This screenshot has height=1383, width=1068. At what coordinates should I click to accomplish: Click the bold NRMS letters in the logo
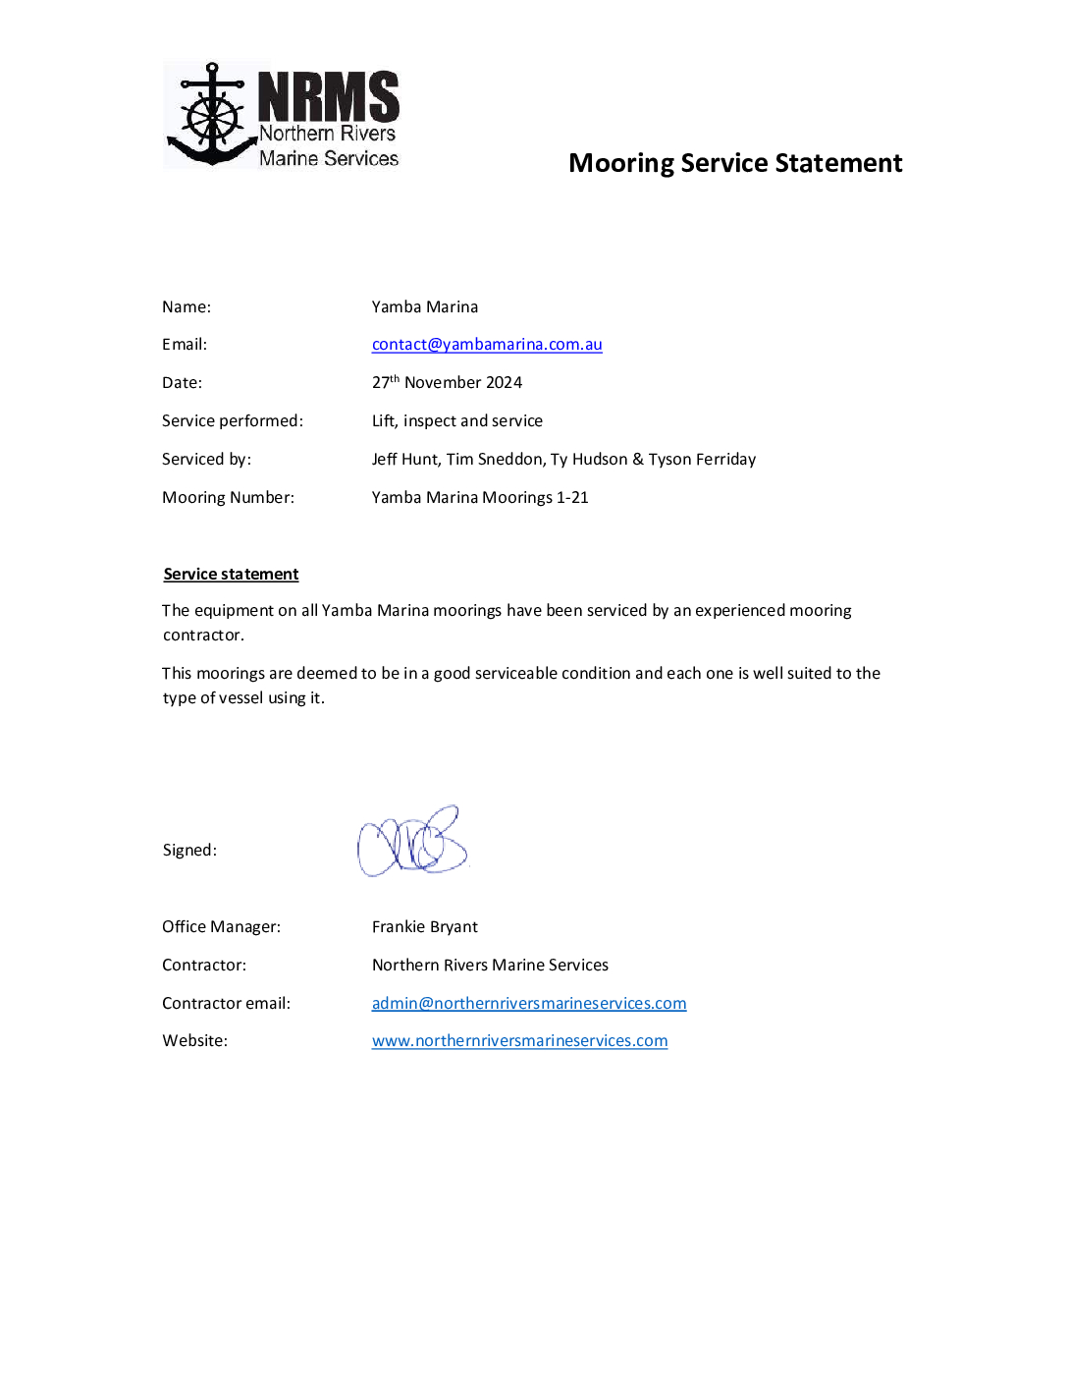coord(328,96)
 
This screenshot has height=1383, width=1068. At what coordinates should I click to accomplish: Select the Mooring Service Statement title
coord(735,163)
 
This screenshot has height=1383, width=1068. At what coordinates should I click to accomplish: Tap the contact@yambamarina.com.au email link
coord(487,345)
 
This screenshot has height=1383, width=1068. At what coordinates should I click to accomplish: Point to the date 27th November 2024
coord(447,382)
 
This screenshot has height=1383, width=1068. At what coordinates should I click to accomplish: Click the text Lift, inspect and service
coord(457,421)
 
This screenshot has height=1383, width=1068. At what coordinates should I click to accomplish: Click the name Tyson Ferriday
coord(702,460)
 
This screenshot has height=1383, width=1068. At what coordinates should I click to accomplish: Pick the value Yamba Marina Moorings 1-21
coord(480,498)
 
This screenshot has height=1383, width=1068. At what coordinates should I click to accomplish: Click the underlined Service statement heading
coord(231,575)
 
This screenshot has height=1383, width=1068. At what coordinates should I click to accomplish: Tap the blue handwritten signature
coord(412,843)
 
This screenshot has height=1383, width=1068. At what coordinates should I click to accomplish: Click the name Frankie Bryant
coord(425,927)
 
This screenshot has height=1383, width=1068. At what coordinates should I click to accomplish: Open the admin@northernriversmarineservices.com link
coord(529,1004)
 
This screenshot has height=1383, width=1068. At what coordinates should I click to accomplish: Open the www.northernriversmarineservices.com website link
coord(519,1041)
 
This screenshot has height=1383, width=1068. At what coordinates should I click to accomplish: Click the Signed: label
coord(189,851)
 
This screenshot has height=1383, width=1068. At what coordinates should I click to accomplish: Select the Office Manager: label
coord(221,927)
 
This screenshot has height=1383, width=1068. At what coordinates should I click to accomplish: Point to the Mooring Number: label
coord(228,498)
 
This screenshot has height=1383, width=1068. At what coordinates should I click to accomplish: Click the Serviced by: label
coord(206,460)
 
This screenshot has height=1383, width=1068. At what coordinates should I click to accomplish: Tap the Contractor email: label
coord(226,1004)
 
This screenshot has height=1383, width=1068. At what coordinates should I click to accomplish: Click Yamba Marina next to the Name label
coord(425,307)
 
